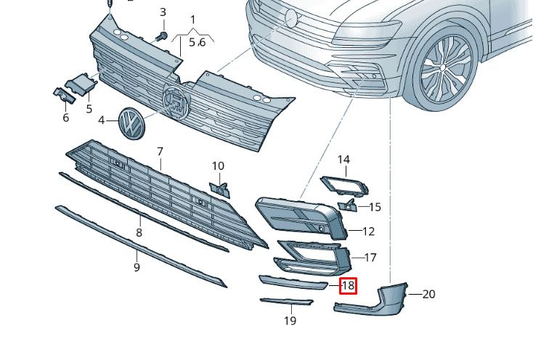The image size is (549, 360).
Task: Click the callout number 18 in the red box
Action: coord(349,286)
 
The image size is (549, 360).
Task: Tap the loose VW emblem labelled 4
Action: coord(131,123)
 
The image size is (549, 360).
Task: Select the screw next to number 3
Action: coord(162,36)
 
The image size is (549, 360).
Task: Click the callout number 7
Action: coord(160,152)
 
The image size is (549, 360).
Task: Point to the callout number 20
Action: coord(428,294)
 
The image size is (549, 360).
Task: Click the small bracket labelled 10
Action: coord(220,190)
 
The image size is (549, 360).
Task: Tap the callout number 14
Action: coord(343,160)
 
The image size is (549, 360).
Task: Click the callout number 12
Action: coord(369,232)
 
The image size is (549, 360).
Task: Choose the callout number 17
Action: coord(370,258)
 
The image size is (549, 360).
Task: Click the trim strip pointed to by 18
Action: coord(293,282)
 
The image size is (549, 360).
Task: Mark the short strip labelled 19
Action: coord(286,301)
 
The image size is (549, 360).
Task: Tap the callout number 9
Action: coord(137,267)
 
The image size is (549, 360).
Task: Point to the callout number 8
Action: coord(139,232)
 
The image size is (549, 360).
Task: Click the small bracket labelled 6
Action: coord(65,95)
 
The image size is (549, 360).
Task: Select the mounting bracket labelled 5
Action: coord(81,84)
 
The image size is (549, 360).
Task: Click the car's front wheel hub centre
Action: coord(442,67)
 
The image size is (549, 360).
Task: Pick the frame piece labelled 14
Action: coord(344,185)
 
